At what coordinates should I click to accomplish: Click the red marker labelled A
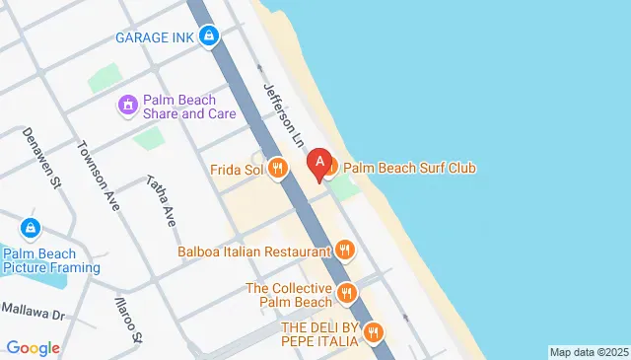pos(319,164)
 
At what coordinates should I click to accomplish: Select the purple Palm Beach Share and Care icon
pos(127,105)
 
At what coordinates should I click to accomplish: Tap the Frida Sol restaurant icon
pos(279,169)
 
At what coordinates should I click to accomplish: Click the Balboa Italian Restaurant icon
pos(344,251)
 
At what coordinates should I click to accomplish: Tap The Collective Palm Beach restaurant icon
pos(346,293)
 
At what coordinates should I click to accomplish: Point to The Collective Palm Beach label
pos(288,294)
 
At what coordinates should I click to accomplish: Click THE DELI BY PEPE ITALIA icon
pos(373,332)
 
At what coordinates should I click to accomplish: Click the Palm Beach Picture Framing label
pos(51,259)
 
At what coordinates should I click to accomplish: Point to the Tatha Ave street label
pos(160,200)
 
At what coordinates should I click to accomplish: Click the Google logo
pos(34,347)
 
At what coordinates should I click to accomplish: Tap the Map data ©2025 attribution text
pos(588,352)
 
